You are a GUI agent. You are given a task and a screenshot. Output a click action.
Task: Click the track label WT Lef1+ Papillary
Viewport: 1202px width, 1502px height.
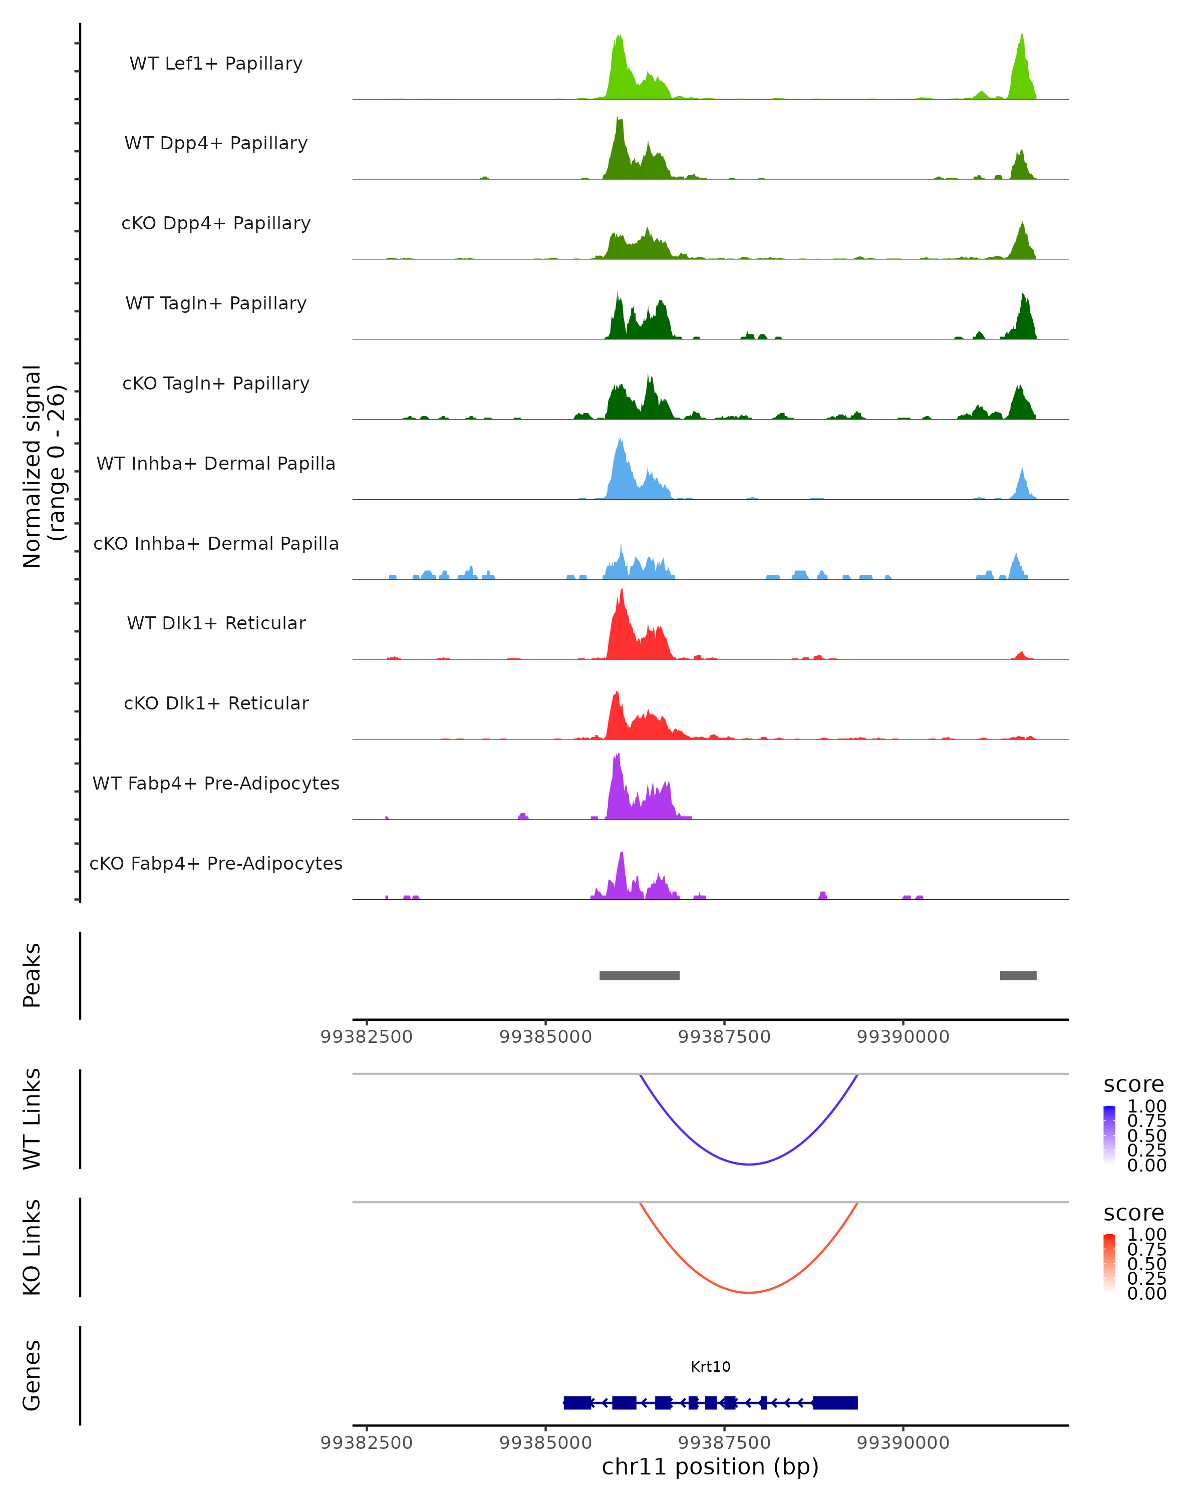point(216,64)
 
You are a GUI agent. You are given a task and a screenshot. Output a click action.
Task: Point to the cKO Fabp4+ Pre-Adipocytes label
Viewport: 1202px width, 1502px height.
point(216,863)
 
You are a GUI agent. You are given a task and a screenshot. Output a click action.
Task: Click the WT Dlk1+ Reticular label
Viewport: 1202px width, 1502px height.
point(216,623)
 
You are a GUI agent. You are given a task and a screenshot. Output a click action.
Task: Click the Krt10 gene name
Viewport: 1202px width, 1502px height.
point(710,1366)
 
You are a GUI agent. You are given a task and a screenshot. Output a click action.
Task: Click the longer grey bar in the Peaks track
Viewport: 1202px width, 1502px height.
point(639,975)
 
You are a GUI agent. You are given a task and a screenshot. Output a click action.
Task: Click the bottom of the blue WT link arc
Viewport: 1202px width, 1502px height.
point(748,1164)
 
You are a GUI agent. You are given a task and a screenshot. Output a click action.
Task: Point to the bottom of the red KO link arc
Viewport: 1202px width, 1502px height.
point(748,1292)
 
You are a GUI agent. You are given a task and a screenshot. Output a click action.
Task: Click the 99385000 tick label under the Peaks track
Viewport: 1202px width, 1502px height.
point(545,1037)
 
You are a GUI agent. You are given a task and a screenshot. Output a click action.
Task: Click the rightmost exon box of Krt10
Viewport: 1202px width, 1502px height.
point(835,1402)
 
